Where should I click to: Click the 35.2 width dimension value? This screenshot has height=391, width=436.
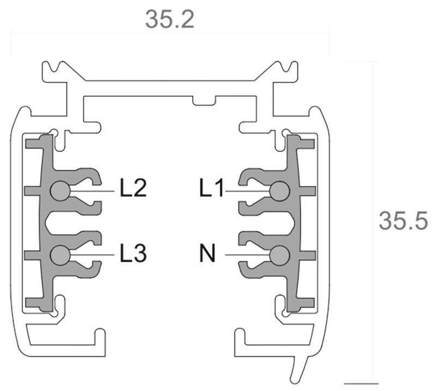169,20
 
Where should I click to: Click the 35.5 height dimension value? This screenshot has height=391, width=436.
403,221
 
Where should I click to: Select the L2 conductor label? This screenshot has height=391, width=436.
133,189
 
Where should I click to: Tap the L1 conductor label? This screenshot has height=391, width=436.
211,189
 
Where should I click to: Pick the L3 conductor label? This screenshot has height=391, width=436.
133,254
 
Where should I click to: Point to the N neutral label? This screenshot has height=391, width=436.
207,254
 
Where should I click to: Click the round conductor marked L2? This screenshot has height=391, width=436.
59,190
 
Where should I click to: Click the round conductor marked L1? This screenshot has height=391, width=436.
279,190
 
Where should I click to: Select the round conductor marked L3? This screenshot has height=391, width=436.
59,254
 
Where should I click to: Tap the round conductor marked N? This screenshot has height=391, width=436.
279,254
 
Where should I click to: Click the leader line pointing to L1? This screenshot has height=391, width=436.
247,190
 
